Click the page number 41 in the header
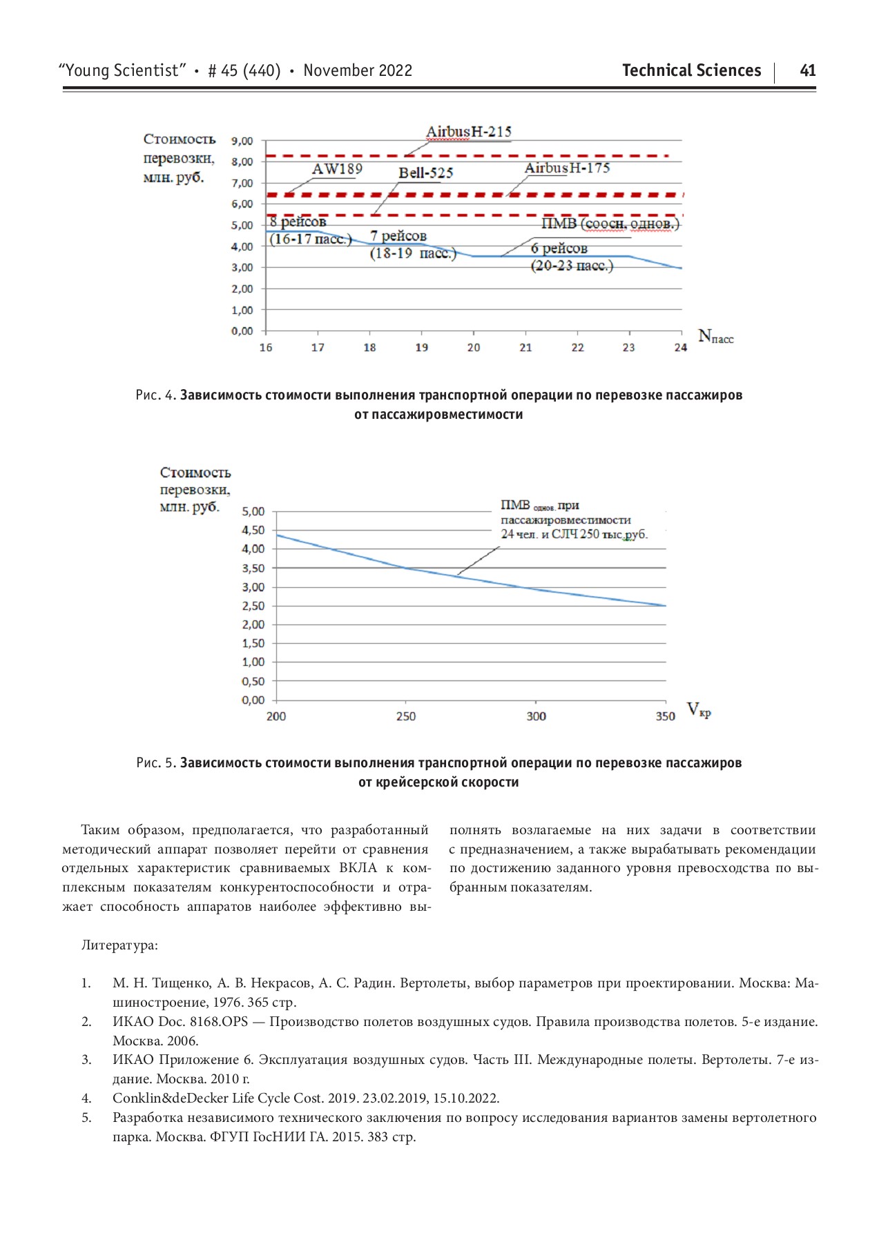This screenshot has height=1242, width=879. tap(807, 70)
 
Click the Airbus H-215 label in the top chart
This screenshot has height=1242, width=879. tap(468, 132)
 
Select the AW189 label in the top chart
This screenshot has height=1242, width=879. tap(337, 169)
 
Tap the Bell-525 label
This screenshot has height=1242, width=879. tap(425, 172)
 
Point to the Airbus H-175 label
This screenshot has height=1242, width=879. tap(567, 168)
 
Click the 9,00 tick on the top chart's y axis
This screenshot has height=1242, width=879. tap(242, 141)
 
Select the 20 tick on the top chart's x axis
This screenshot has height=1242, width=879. tap(474, 347)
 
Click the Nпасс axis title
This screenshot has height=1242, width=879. tap(715, 337)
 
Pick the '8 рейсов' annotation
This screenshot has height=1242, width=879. tap(298, 222)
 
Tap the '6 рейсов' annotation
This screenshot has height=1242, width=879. tap(559, 248)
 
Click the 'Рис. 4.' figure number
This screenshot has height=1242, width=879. tap(156, 395)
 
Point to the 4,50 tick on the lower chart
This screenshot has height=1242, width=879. tap(253, 530)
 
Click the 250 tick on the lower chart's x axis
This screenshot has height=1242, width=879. tap(406, 716)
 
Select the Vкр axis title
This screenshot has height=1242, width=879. tap(698, 710)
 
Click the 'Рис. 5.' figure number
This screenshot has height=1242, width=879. tap(156, 763)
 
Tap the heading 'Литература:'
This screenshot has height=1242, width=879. tap(119, 945)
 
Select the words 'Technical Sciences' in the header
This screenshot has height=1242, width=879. tap(691, 70)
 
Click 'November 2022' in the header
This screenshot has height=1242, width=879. tap(358, 70)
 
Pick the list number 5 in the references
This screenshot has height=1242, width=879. tap(86, 1118)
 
